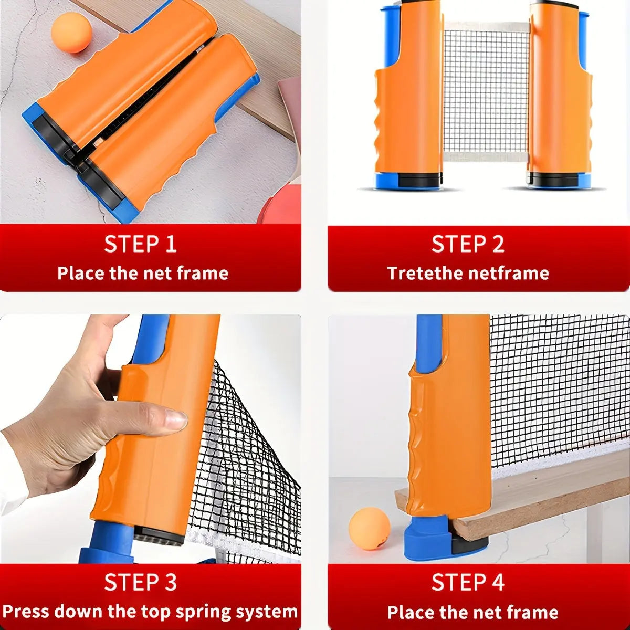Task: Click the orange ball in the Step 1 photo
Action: [x=71, y=33]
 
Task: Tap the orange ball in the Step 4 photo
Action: [x=370, y=529]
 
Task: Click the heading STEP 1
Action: [x=140, y=245]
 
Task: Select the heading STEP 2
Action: [x=468, y=245]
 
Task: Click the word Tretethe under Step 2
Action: [x=426, y=274]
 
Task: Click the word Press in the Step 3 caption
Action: [x=26, y=612]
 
